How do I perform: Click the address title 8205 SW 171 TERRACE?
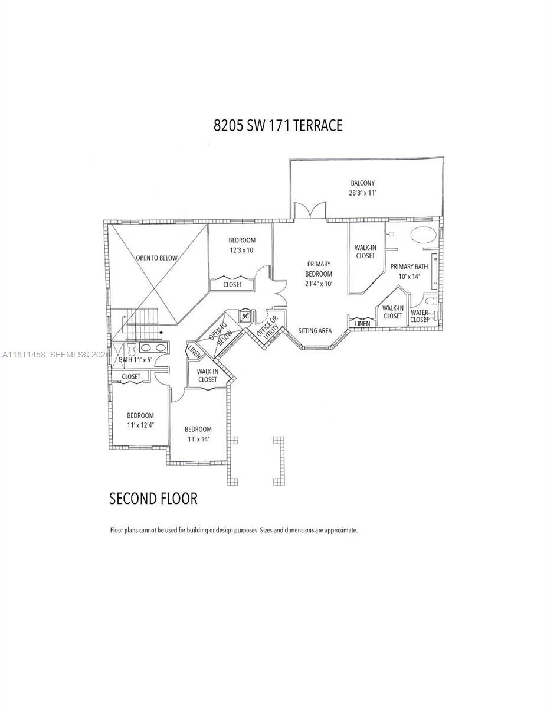277,126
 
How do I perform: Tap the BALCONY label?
362,183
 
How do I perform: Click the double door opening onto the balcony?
310,210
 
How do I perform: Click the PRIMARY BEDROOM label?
318,269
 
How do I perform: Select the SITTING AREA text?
315,331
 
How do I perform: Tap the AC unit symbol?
245,316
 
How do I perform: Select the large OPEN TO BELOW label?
156,258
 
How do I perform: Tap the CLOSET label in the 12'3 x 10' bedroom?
232,285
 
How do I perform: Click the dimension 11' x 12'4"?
140,425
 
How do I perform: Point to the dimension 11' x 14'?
198,439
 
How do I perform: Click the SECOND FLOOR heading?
153,499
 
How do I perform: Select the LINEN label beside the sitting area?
362,324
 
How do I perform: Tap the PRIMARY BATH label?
409,266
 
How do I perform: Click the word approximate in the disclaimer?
339,531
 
